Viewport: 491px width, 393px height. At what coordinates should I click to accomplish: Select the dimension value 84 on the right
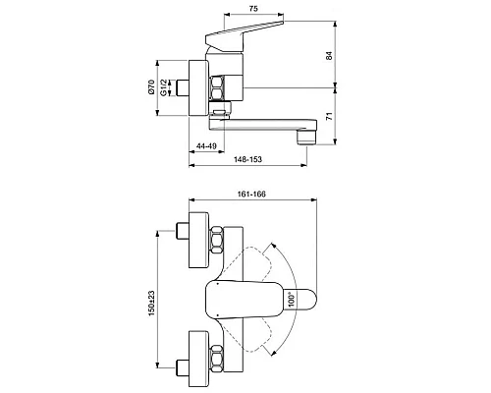pyautogui.click(x=328, y=56)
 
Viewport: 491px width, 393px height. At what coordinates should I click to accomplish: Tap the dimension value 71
pyautogui.click(x=328, y=115)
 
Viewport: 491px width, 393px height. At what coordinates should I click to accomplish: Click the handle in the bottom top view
pyautogui.click(x=245, y=298)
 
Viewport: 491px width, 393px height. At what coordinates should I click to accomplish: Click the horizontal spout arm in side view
pyautogui.click(x=260, y=125)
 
